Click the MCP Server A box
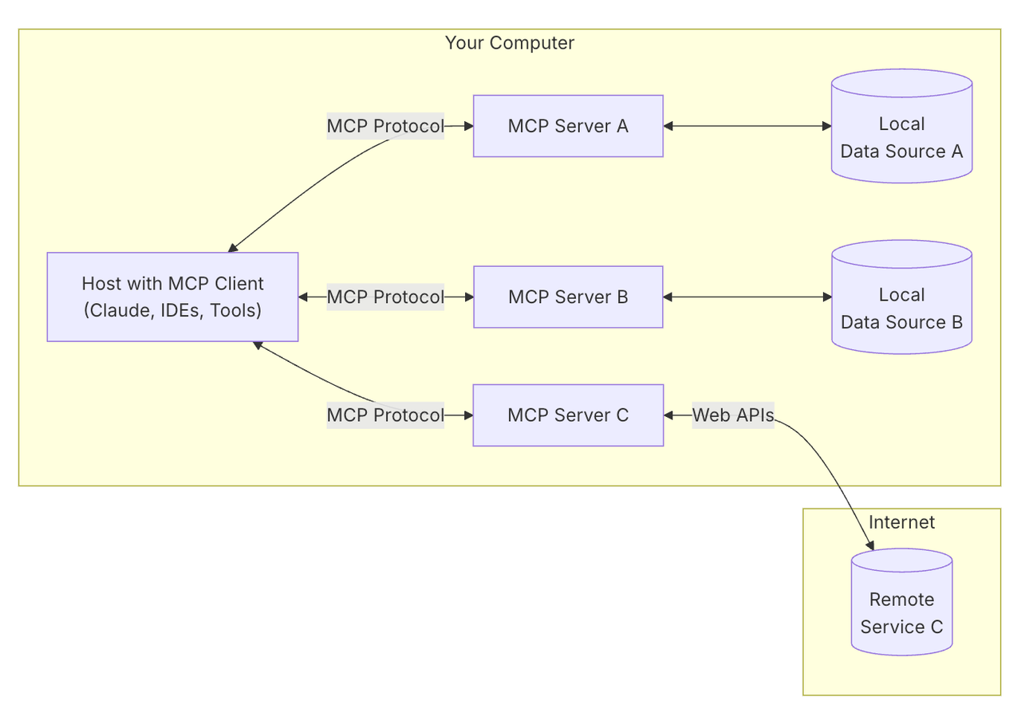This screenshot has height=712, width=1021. coord(568,126)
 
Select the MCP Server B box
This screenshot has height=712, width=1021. coord(568,297)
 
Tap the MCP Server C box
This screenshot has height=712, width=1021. coord(568,415)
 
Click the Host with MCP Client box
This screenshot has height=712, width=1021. coord(172,297)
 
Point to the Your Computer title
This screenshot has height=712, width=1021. coord(509,43)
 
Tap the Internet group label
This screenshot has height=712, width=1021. coord(901,522)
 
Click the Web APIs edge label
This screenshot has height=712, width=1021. coord(733,415)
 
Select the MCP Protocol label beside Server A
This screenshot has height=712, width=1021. coord(385,126)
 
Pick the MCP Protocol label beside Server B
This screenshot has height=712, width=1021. coord(385,297)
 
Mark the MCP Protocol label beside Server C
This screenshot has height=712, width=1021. coord(385,415)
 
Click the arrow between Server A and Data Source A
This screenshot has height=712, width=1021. coord(747,126)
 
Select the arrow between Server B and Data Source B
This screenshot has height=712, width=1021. coord(747,297)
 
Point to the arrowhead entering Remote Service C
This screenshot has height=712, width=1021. coord(870,545)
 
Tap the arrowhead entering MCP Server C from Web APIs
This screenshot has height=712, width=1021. coord(669,415)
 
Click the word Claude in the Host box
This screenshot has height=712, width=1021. coord(120,311)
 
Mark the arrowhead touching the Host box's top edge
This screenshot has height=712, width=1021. coord(233,248)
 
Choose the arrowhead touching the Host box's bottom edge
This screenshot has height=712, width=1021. coord(258,345)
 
